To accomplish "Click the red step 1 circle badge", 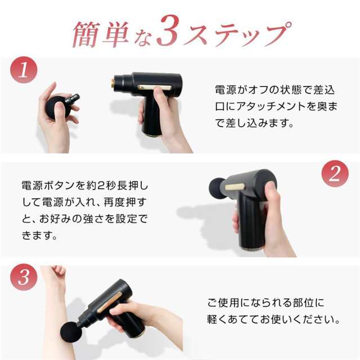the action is (24, 70).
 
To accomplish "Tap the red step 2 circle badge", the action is (335, 174).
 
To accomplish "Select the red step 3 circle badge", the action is (24, 277).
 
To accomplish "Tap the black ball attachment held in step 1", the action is (56, 107).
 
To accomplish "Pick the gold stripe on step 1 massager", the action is (155, 87).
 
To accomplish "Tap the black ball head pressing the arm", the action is (71, 332).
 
